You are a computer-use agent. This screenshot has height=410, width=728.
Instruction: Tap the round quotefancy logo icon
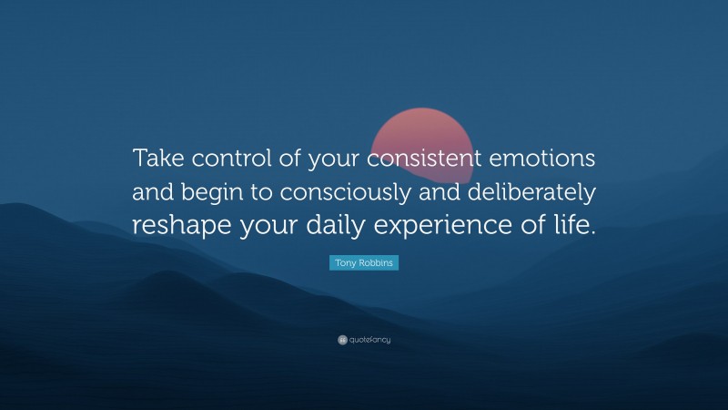point(342,340)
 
